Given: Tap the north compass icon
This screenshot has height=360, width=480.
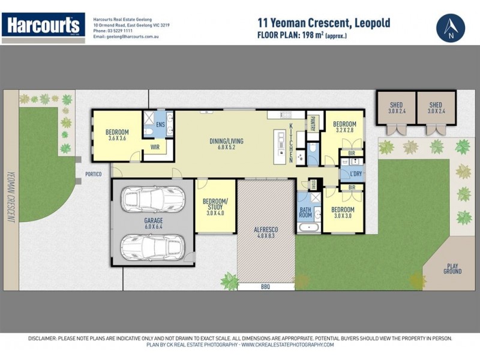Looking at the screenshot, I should pos(450,28).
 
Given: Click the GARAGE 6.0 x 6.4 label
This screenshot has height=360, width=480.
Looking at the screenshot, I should pos(154,223).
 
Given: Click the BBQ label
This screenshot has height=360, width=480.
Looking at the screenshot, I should pos(265,287).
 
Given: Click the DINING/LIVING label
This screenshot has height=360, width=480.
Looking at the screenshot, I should pos(226,144).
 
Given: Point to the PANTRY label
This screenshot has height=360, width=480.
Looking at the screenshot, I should pos(313,124).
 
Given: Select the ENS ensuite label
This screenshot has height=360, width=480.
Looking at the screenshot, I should pos(160,125).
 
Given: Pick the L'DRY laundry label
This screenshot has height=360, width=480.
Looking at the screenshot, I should pos(355,174).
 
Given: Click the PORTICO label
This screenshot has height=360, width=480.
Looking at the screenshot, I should pos(94,174).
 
